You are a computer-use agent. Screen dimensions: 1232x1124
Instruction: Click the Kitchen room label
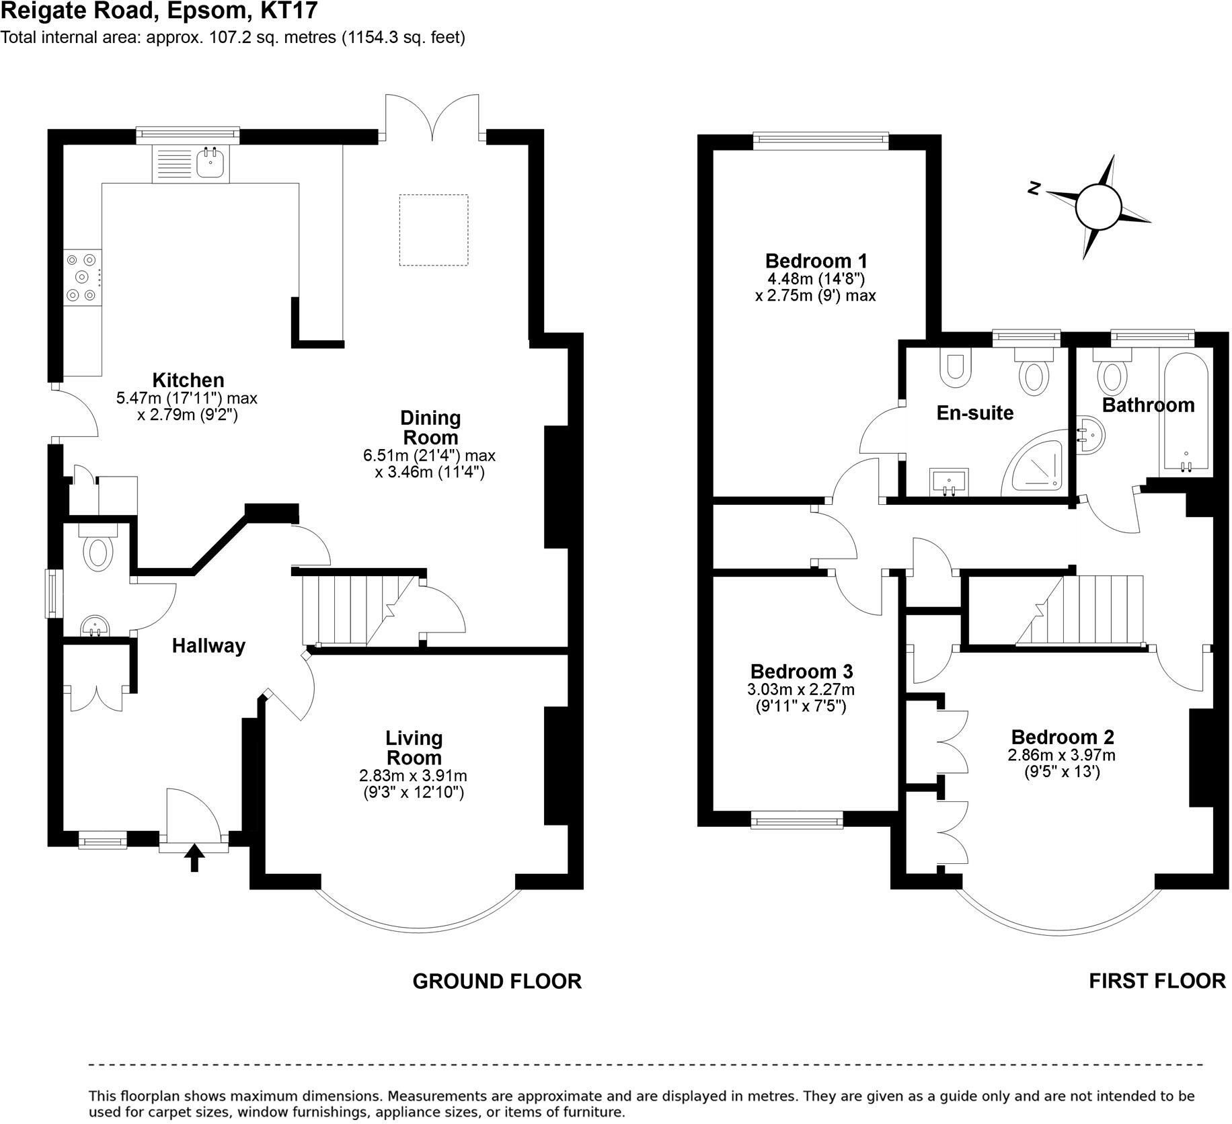(x=188, y=380)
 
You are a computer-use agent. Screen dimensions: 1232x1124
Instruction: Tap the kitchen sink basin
(x=212, y=163)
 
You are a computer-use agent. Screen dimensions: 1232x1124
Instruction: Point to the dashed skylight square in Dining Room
(x=434, y=230)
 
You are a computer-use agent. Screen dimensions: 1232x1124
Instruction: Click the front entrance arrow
(x=194, y=857)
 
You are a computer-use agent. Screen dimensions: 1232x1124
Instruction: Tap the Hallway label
(x=208, y=646)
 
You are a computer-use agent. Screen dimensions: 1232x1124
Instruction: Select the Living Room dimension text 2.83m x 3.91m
(x=413, y=775)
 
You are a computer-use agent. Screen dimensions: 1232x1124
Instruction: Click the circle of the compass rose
(x=1100, y=207)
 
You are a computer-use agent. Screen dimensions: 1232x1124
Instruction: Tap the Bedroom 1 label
(x=816, y=261)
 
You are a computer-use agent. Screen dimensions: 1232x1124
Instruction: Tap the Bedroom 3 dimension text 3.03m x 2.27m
(x=801, y=690)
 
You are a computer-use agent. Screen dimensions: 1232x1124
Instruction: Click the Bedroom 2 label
(x=1063, y=737)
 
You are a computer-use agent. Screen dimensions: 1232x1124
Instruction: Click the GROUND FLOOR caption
(x=497, y=981)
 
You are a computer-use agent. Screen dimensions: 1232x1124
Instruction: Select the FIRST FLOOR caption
(x=1157, y=981)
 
